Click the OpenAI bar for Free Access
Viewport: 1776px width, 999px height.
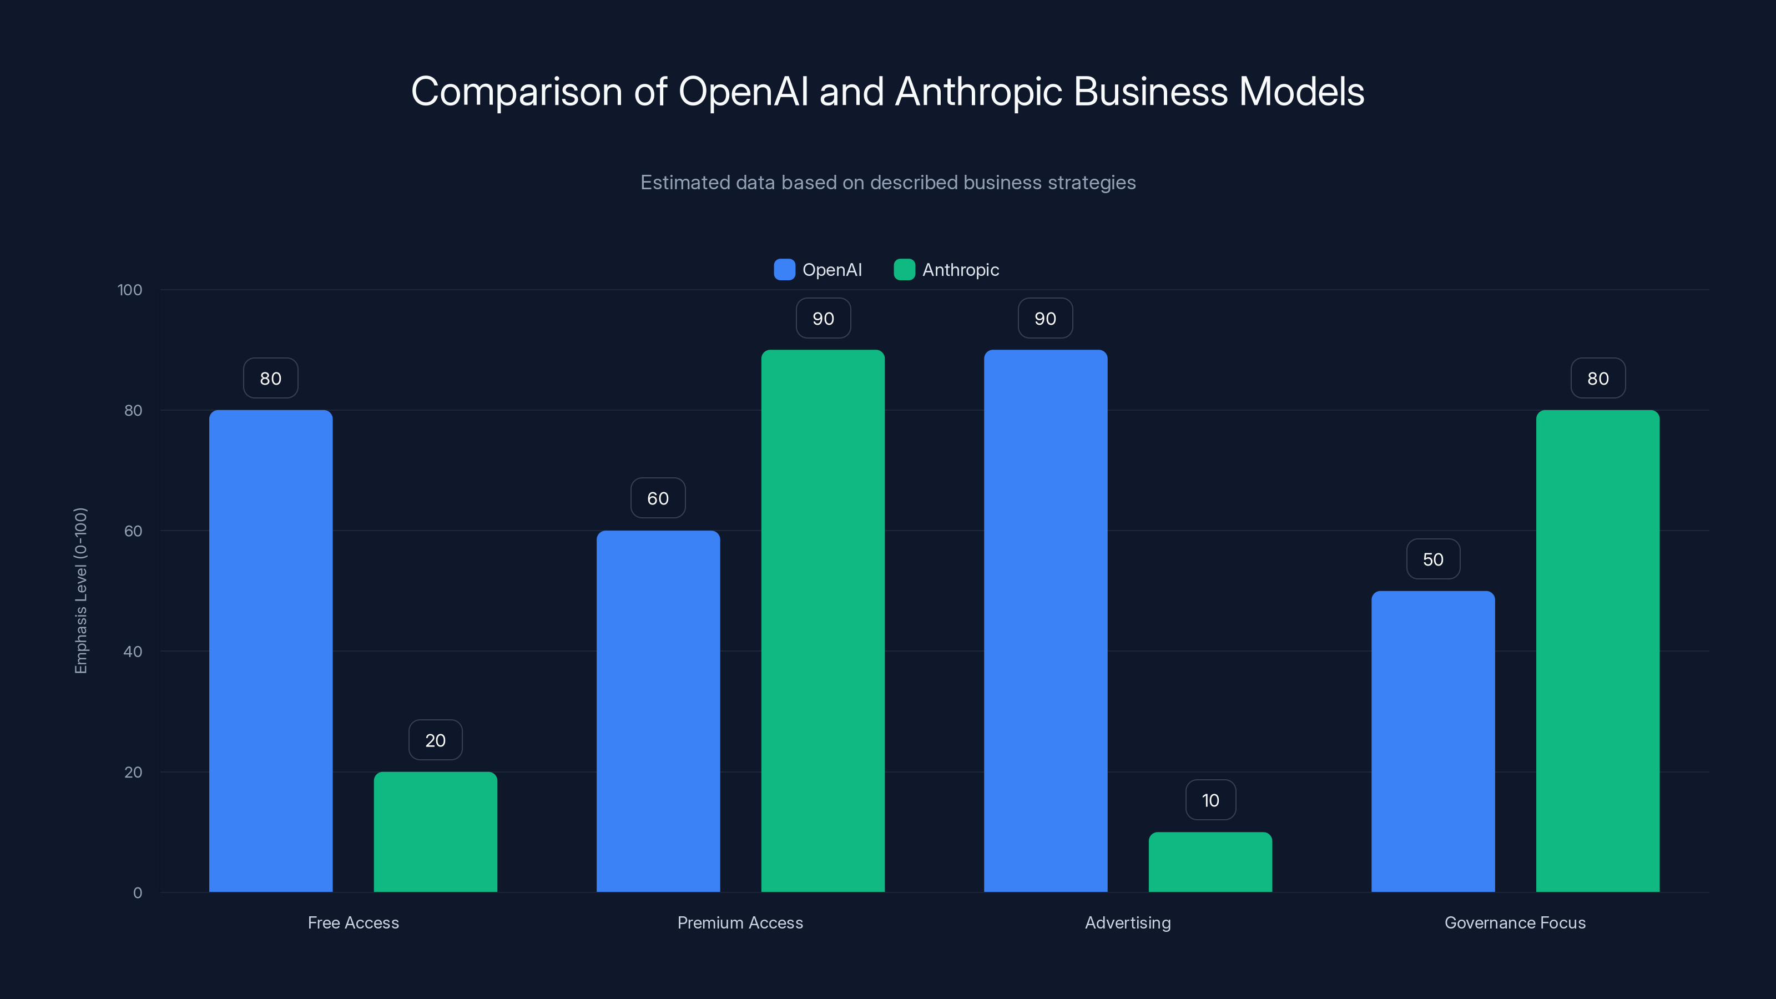270,651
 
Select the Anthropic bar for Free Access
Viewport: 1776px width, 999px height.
435,831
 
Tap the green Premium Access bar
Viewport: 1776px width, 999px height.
823,620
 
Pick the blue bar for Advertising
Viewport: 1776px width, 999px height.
1045,620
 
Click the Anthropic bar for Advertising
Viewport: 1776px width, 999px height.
1210,862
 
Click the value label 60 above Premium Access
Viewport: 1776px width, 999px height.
658,498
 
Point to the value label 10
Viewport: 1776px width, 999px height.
1210,800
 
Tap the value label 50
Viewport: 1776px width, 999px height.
1432,559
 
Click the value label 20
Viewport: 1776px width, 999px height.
435,740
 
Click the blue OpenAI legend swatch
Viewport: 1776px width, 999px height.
784,270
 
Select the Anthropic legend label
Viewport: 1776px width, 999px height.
960,270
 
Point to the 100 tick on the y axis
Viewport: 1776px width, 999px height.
130,290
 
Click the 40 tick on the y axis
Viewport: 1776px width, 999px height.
133,652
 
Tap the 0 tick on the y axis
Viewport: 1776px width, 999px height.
137,893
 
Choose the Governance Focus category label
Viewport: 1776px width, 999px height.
1515,922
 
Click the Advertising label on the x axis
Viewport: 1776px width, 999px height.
1127,922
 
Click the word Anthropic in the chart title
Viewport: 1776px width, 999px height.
978,92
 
